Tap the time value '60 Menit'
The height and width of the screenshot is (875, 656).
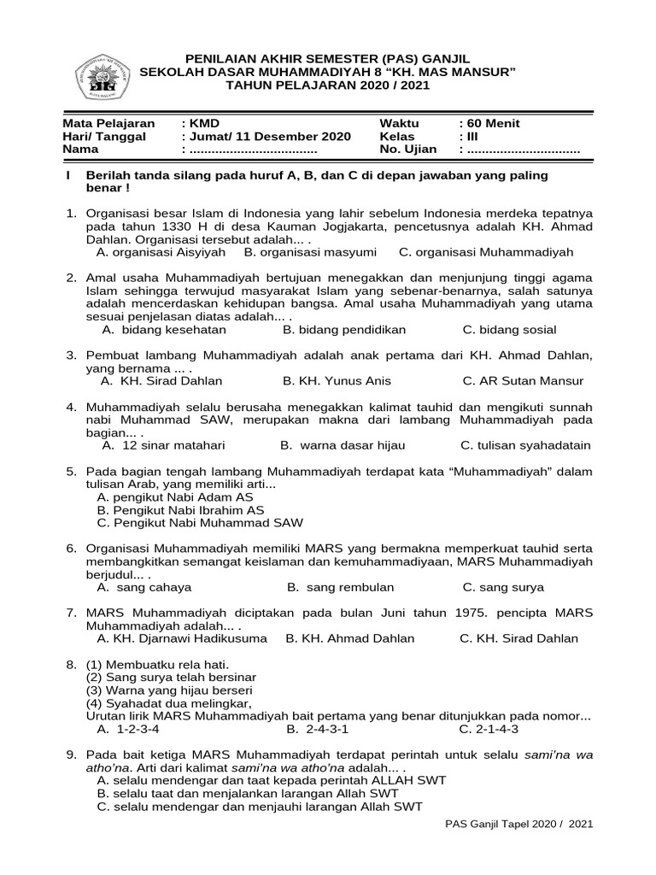(x=493, y=123)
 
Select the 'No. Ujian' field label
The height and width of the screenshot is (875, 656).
(x=408, y=149)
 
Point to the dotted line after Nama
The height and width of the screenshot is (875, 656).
(x=252, y=150)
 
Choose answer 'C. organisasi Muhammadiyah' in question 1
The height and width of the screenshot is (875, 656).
(x=486, y=252)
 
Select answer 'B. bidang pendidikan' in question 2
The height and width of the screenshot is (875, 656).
(x=344, y=329)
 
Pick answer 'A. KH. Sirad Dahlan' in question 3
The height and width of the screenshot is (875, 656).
(x=161, y=380)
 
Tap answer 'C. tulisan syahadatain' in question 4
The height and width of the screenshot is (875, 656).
(x=525, y=445)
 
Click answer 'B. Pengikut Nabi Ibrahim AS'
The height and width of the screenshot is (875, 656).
(x=181, y=509)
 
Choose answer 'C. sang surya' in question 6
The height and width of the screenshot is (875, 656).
(x=503, y=587)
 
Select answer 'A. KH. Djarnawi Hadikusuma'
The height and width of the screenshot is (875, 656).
(x=182, y=637)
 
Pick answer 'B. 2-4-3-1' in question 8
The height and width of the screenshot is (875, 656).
(x=318, y=729)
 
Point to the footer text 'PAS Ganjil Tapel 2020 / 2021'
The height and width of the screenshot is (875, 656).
(x=519, y=824)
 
